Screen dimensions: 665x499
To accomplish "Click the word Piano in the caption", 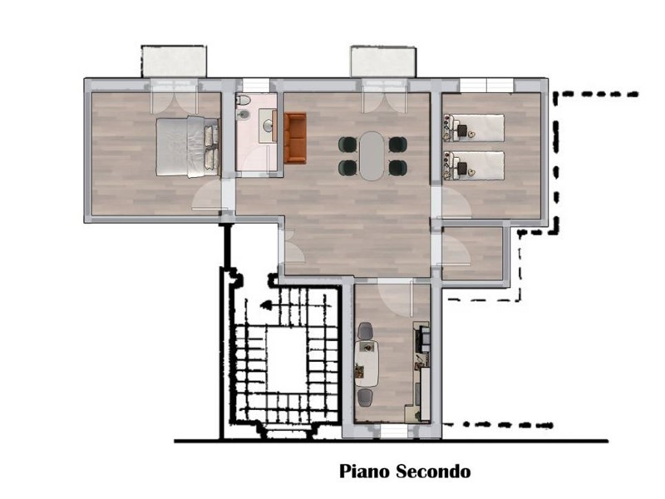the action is click(365, 472).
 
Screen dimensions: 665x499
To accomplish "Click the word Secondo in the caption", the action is click(433, 471).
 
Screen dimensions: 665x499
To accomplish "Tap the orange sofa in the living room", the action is click(295, 138).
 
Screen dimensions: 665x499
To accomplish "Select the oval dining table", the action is click(372, 156).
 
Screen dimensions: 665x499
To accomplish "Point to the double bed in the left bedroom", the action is click(188, 146).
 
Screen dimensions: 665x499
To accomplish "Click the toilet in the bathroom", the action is click(243, 100).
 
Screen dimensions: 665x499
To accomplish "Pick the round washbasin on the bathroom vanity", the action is click(268, 126).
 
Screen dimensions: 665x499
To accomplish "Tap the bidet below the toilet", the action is click(243, 115).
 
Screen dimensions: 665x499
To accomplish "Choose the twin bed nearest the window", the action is click(473, 128).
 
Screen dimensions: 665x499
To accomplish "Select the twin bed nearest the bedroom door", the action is click(473, 166).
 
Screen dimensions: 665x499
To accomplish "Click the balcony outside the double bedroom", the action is click(174, 61).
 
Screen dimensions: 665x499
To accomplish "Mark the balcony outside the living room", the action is click(383, 61).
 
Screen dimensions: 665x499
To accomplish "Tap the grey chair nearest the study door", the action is click(366, 331).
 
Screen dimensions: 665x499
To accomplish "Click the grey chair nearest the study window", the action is click(365, 398).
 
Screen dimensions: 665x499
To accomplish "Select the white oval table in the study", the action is click(367, 363).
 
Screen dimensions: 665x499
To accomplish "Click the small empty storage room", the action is click(472, 254).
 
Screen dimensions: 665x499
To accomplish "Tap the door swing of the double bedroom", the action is click(207, 195).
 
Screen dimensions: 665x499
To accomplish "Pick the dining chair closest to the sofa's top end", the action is click(348, 145).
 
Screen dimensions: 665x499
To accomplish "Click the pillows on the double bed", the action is click(212, 147).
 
